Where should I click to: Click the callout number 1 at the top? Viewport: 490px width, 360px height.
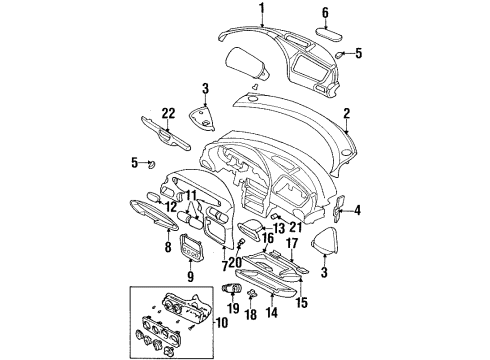pyautogui.click(x=262, y=9)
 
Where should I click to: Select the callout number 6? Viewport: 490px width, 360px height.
pyautogui.click(x=325, y=13)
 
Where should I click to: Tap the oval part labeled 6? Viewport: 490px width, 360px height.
pyautogui.click(x=329, y=35)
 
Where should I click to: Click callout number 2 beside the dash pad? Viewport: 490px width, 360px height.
pyautogui.click(x=347, y=114)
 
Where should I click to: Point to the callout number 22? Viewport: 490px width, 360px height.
pyautogui.click(x=168, y=114)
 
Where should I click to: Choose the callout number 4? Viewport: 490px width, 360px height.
pyautogui.click(x=357, y=210)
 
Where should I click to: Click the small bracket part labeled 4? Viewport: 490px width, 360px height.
pyautogui.click(x=338, y=209)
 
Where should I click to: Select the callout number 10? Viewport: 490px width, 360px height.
pyautogui.click(x=222, y=322)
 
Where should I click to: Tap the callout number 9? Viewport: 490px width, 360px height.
pyautogui.click(x=190, y=276)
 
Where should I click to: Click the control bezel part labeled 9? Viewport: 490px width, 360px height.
pyautogui.click(x=190, y=247)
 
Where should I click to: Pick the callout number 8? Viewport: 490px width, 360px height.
pyautogui.click(x=168, y=247)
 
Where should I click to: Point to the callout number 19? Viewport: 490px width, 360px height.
pyautogui.click(x=234, y=308)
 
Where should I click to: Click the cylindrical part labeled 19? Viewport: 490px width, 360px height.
pyautogui.click(x=232, y=288)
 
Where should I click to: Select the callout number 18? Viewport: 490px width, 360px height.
pyautogui.click(x=252, y=315)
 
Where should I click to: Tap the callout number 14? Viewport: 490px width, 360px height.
pyautogui.click(x=272, y=313)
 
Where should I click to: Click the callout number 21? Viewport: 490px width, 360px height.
pyautogui.click(x=296, y=227)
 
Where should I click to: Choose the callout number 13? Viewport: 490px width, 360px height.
pyautogui.click(x=278, y=228)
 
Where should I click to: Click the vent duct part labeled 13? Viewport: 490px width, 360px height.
pyautogui.click(x=251, y=231)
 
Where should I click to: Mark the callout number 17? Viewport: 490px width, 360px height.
pyautogui.click(x=292, y=243)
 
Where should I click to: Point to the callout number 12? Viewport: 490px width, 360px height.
pyautogui.click(x=171, y=207)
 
